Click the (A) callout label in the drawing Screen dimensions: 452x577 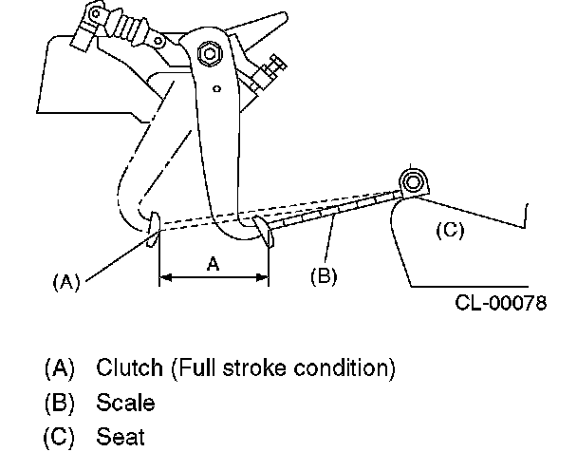[65, 281]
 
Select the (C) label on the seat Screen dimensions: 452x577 [449, 229]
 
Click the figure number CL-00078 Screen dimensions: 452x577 [501, 304]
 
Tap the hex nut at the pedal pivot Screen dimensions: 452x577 [209, 56]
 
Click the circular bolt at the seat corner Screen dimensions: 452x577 [412, 181]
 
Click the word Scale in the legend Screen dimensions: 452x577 [125, 402]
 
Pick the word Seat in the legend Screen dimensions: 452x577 [121, 436]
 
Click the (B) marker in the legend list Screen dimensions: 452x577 [59, 402]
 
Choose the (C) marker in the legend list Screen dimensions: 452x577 [59, 436]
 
